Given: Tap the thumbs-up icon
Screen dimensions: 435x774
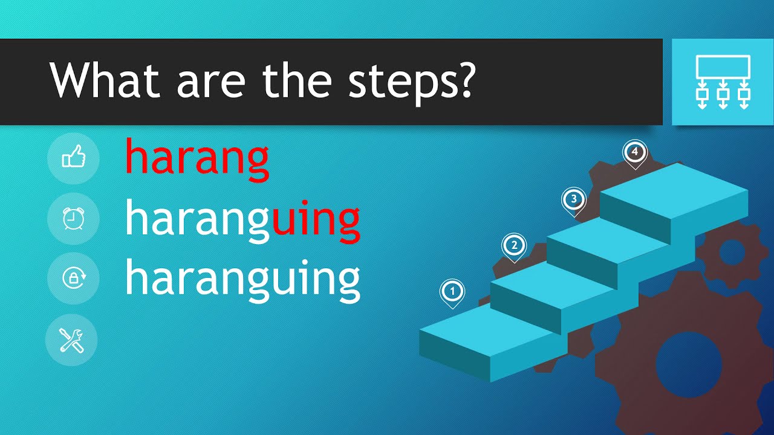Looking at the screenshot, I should pos(73,159).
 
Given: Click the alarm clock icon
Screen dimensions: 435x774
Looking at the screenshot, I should pos(73,219).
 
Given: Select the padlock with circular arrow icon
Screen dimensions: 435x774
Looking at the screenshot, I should pos(73,279).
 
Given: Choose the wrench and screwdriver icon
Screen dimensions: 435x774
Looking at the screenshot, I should pos(72,341).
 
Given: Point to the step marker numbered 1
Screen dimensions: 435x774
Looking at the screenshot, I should pos(451,291).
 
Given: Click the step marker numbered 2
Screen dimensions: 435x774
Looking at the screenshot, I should pos(514,245).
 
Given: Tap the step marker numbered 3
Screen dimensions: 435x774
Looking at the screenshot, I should pos(573,198).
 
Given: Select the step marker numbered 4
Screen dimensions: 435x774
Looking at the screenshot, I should pos(634,152).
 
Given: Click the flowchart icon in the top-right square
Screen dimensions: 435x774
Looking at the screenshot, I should pos(723,82).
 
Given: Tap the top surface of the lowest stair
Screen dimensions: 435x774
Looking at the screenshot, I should pos(478,330).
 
